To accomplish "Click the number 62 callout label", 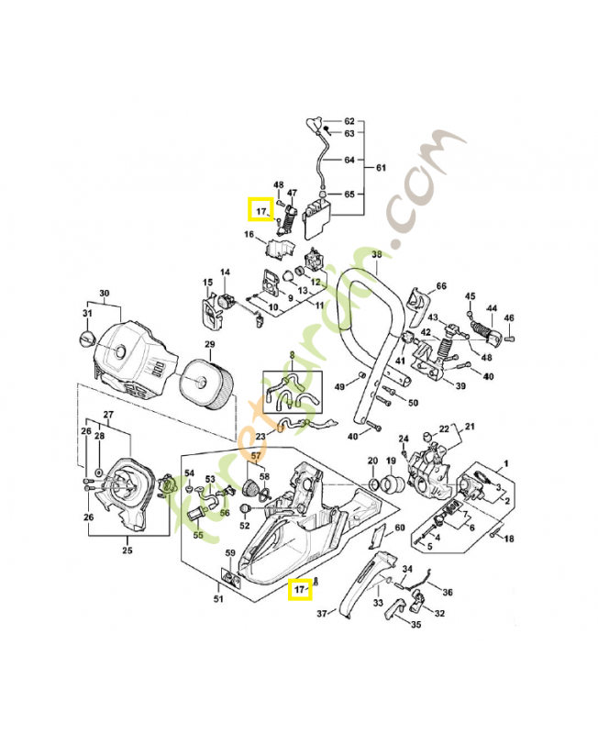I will click(x=349, y=121).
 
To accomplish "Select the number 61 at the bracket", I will click(x=381, y=168).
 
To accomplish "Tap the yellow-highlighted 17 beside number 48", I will click(x=260, y=211).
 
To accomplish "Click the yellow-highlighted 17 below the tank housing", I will click(x=299, y=588).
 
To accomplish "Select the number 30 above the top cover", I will click(x=104, y=295).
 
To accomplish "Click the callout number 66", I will click(x=440, y=287).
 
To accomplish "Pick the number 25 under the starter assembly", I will click(x=127, y=550).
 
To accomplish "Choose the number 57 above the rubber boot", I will click(x=257, y=455).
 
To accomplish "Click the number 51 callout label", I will click(x=218, y=600).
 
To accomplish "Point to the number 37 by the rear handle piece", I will click(x=321, y=613).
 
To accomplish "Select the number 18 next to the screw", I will click(x=509, y=539).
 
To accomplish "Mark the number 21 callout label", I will click(x=471, y=427).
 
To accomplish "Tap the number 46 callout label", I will click(x=509, y=318).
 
